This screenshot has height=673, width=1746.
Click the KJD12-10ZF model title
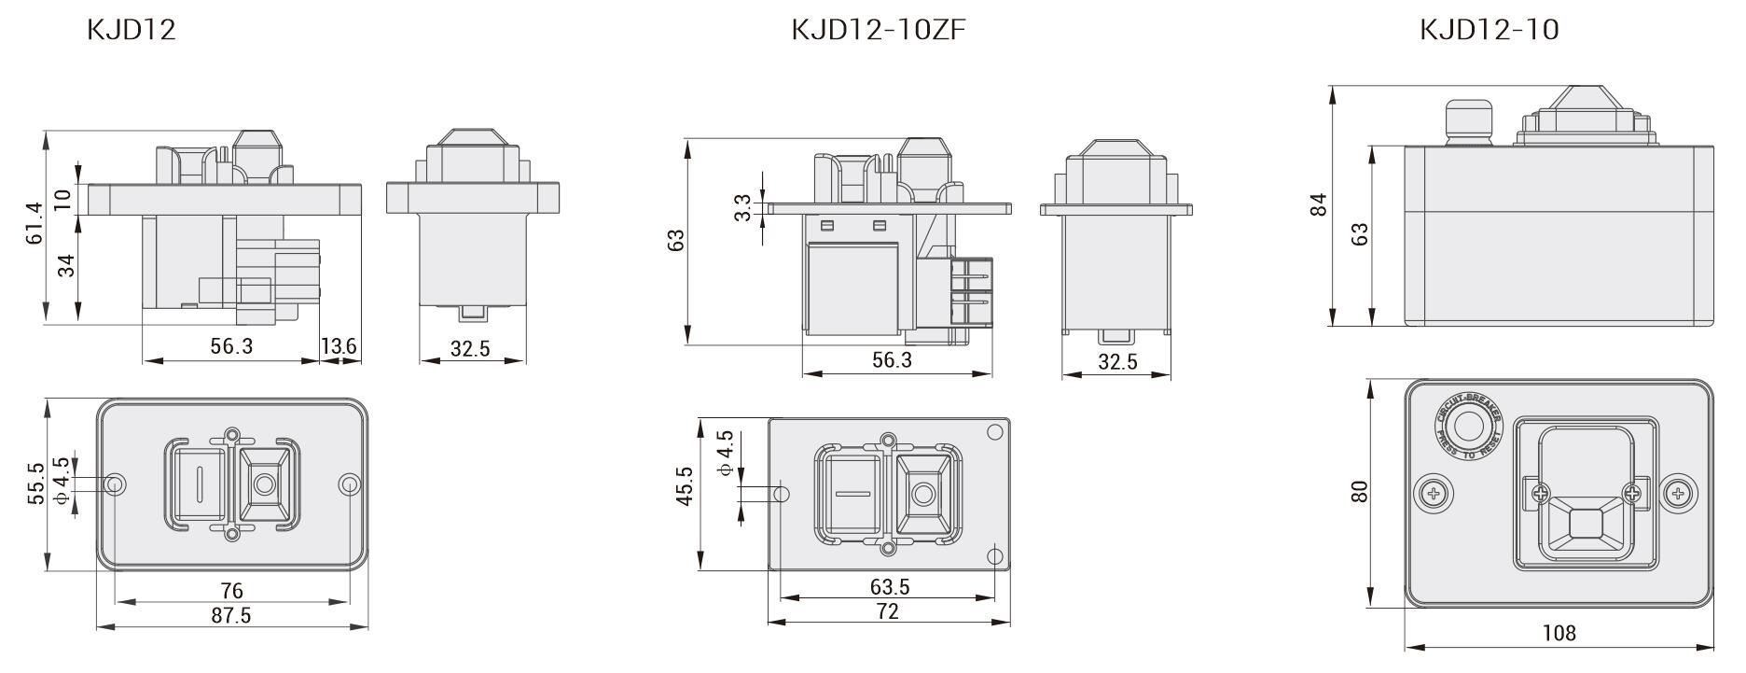(878, 30)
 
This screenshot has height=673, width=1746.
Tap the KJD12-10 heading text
(1489, 30)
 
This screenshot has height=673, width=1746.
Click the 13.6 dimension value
(339, 347)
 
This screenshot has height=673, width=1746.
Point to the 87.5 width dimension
(230, 615)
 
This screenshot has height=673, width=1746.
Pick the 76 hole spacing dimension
(231, 591)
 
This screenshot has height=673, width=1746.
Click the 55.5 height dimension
(35, 484)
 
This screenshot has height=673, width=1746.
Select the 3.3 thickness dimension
(742, 207)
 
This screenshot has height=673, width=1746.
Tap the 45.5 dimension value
(686, 486)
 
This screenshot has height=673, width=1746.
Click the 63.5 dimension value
(889, 587)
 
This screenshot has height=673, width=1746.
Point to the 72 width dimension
(888, 611)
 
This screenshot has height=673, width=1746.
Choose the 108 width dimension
(1559, 634)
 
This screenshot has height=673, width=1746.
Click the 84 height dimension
(1318, 205)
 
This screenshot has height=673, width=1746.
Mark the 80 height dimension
(1360, 491)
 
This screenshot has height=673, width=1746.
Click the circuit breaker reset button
(1469, 428)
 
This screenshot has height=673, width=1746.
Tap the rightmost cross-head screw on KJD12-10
(1678, 493)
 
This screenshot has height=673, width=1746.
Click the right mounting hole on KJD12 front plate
(349, 484)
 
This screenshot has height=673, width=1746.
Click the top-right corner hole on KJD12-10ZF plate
(994, 431)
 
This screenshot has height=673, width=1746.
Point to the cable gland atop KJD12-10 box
(1469, 121)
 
